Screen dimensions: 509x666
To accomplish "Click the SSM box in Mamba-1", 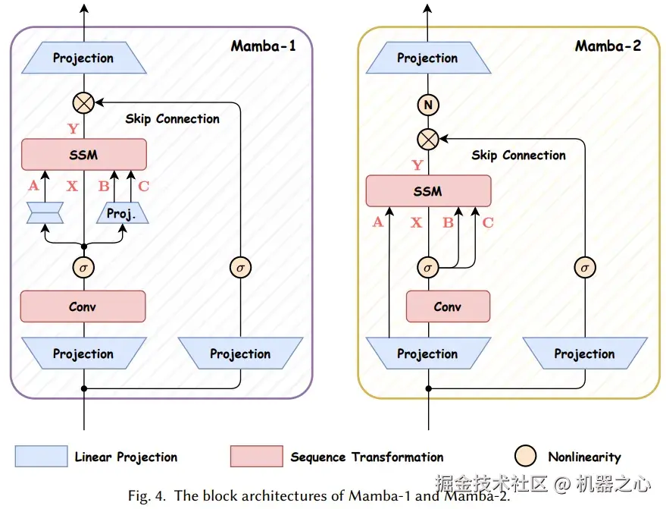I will tap(83, 154).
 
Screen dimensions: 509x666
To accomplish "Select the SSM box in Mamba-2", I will tap(428, 191).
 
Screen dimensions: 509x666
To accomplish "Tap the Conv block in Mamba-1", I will tap(83, 306).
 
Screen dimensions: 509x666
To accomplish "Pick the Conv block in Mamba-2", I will tap(448, 306).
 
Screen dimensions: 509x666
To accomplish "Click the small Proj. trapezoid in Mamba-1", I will tap(121, 213).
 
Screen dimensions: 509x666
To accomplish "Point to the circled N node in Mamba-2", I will tap(428, 106).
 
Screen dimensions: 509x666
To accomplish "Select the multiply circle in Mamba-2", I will tap(428, 139).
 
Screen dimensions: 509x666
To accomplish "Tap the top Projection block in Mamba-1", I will tap(83, 58).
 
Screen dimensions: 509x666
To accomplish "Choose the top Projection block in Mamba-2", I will tap(428, 58).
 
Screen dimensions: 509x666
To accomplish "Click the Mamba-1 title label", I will tap(263, 46).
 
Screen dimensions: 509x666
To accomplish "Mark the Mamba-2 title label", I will tap(608, 46).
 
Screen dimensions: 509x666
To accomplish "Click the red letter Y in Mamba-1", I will tap(73, 129).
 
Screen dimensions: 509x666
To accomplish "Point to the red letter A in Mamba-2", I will tap(378, 222).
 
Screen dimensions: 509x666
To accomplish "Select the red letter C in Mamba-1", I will tap(143, 184).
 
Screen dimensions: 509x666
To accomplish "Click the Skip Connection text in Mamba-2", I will tap(518, 156).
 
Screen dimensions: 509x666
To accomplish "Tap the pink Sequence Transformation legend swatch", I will tap(257, 457).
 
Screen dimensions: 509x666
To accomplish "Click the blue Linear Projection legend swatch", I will tap(41, 457).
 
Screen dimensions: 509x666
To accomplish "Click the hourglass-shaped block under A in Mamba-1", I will tap(45, 213).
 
